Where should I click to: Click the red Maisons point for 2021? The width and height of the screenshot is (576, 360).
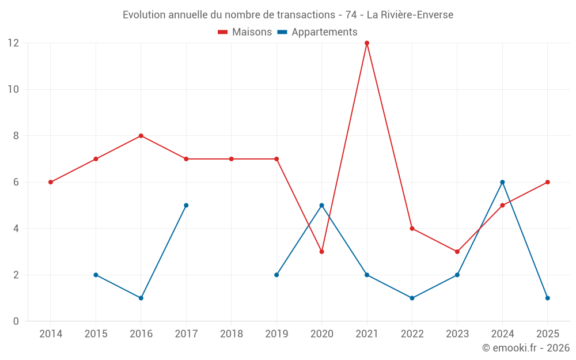366,43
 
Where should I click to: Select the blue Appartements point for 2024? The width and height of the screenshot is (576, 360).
502,182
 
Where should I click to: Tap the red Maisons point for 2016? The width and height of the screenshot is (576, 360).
141,136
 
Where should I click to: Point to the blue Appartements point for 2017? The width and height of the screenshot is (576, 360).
186,206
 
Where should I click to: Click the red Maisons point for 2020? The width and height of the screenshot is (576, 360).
321,252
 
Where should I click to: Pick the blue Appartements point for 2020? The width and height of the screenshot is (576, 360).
321,206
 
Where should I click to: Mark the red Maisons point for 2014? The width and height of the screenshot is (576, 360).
51,182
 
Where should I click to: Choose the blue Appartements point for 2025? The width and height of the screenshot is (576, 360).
547,298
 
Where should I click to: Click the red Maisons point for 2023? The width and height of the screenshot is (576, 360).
457,252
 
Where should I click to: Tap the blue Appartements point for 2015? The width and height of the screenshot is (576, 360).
96,275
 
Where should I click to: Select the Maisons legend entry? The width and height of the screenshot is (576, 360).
245,32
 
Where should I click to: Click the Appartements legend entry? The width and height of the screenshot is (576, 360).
317,32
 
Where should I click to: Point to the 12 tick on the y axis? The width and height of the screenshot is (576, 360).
13,43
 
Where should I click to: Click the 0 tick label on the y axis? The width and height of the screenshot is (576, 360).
16,321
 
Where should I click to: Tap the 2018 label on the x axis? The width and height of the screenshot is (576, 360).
232,334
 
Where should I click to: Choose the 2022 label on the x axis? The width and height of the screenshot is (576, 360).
412,334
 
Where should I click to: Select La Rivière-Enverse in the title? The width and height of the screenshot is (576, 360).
410,15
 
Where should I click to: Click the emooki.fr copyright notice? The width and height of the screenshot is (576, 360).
526,347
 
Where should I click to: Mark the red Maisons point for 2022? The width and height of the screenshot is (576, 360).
412,229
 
